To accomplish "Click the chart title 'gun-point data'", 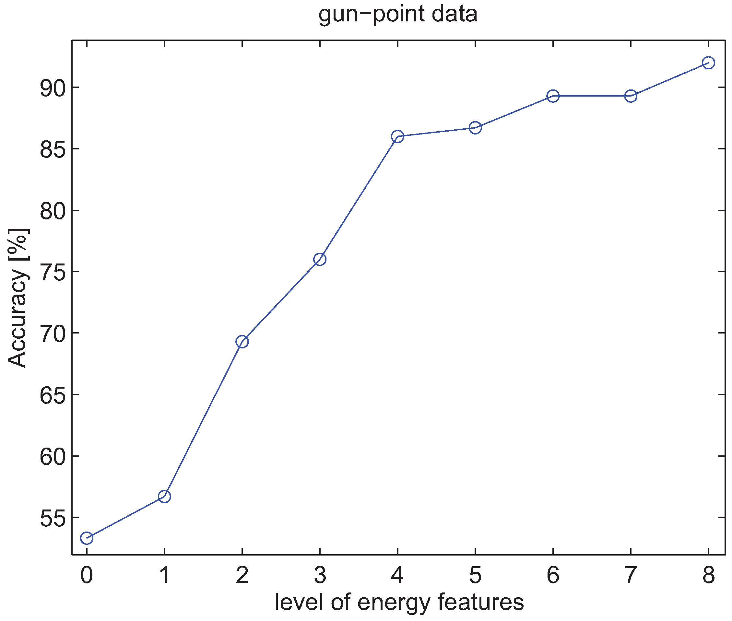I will tap(398, 15).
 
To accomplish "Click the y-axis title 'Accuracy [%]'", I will tap(18, 298).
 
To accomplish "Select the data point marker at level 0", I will tap(87, 538).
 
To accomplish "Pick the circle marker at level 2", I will tap(242, 342).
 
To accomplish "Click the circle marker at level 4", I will tap(397, 136).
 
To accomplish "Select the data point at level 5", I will tap(475, 128).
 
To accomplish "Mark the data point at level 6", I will tap(553, 96).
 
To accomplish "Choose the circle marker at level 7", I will tap(631, 96).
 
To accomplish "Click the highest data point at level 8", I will tap(708, 63).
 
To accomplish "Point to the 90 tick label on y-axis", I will tap(53, 88).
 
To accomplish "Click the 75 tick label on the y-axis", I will tap(53, 272).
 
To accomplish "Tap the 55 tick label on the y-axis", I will tap(53, 518).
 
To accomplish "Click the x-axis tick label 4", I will tap(397, 575).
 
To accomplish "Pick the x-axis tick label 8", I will tap(708, 575).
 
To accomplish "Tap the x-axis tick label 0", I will tap(87, 575).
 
